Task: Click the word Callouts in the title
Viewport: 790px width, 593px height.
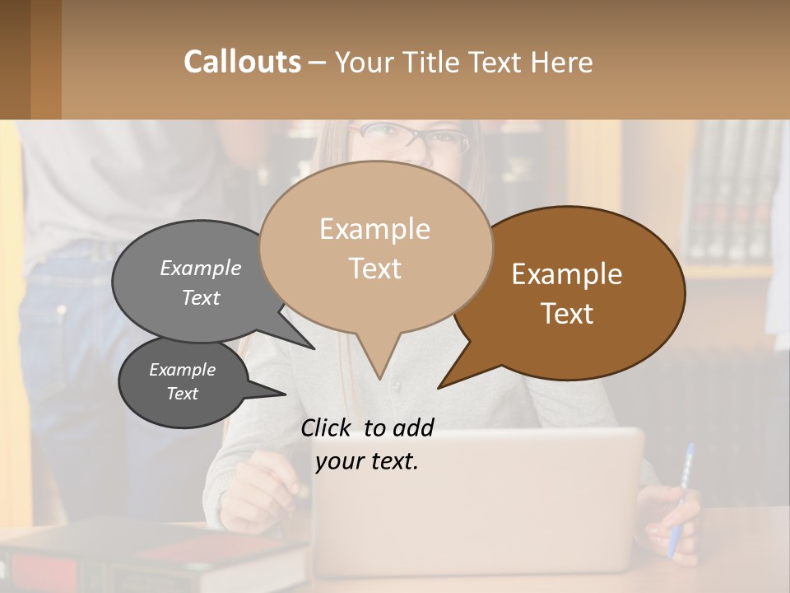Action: click(x=242, y=62)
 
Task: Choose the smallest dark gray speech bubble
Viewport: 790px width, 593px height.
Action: click(x=183, y=383)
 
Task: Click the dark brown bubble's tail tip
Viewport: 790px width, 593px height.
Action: click(x=440, y=386)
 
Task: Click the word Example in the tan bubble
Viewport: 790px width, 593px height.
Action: click(x=374, y=229)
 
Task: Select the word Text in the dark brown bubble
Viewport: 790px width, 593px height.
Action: click(x=568, y=314)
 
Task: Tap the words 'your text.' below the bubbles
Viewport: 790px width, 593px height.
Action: click(x=367, y=461)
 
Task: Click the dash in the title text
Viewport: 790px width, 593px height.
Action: click(x=318, y=63)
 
